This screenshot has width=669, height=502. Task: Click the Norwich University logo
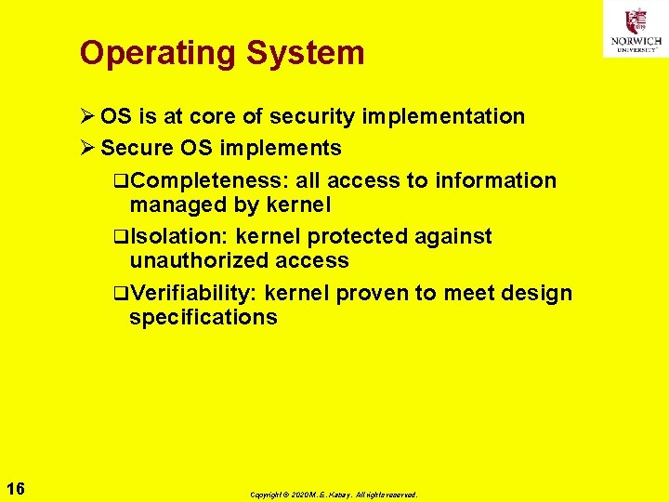click(636, 29)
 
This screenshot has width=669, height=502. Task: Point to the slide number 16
click(16, 489)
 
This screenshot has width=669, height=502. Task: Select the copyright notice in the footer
click(334, 495)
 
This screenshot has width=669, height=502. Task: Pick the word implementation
click(443, 117)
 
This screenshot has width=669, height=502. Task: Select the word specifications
click(203, 318)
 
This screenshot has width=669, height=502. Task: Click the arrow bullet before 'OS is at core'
click(87, 117)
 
